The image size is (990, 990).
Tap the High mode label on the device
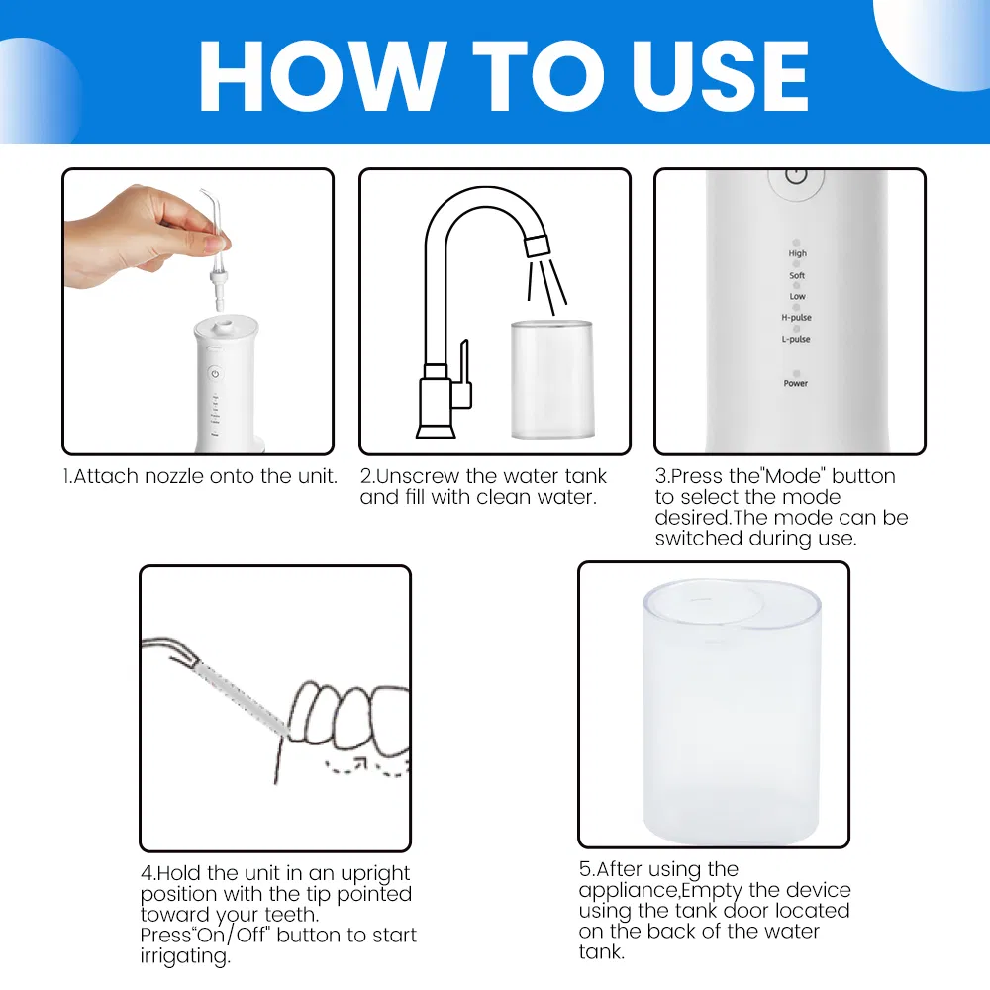click(797, 254)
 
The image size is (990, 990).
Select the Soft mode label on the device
click(797, 276)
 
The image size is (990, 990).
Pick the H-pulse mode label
click(796, 318)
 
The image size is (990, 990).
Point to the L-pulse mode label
click(796, 340)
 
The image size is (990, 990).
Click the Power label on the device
click(796, 383)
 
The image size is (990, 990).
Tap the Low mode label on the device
click(797, 297)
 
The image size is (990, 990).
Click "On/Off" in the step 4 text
click(236, 936)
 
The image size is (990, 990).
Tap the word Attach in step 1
click(105, 476)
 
